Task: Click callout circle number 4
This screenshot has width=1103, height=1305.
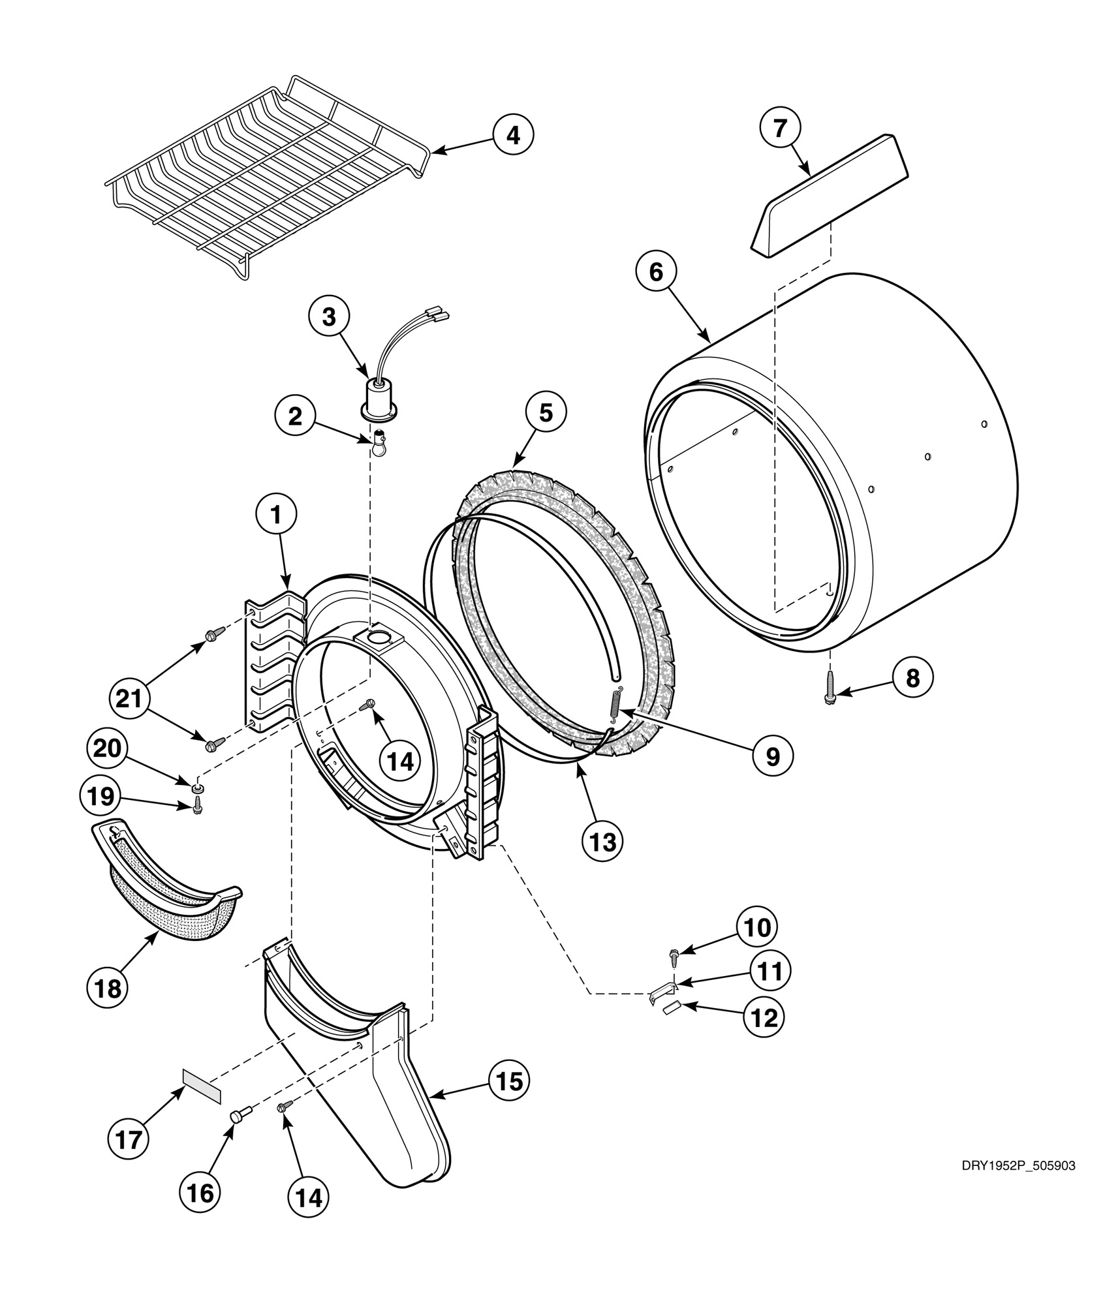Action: [513, 135]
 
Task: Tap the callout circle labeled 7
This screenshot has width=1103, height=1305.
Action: [781, 129]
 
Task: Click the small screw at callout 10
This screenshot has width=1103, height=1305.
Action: [673, 957]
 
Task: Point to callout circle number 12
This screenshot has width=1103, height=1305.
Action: [764, 1017]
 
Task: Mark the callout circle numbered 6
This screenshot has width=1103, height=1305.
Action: [656, 272]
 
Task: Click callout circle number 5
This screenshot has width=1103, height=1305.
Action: [546, 414]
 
